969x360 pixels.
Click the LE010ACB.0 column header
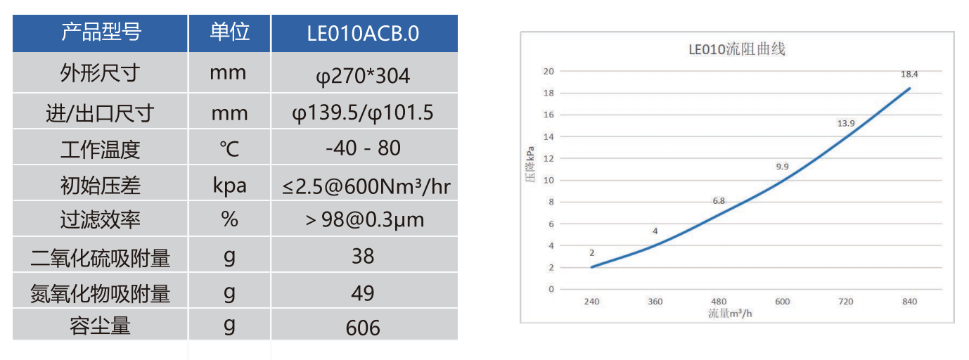click(364, 33)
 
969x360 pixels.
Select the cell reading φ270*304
click(364, 75)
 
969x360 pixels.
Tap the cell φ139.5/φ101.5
click(364, 112)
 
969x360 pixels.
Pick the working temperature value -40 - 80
click(364, 148)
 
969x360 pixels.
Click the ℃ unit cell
click(229, 148)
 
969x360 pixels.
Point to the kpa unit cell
click(229, 186)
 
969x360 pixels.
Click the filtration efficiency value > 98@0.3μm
click(365, 220)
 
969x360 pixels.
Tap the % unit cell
click(229, 220)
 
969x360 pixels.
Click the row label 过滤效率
click(101, 220)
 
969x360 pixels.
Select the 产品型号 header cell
click(101, 32)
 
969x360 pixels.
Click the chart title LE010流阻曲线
click(736, 50)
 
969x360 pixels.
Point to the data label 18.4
click(910, 73)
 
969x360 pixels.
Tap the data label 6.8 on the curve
click(719, 201)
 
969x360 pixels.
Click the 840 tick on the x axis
click(909, 302)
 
